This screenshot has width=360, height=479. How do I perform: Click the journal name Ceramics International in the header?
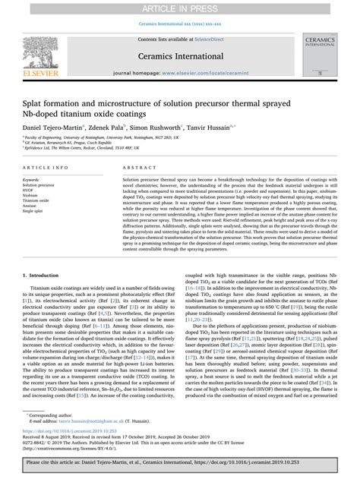click(180, 55)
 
